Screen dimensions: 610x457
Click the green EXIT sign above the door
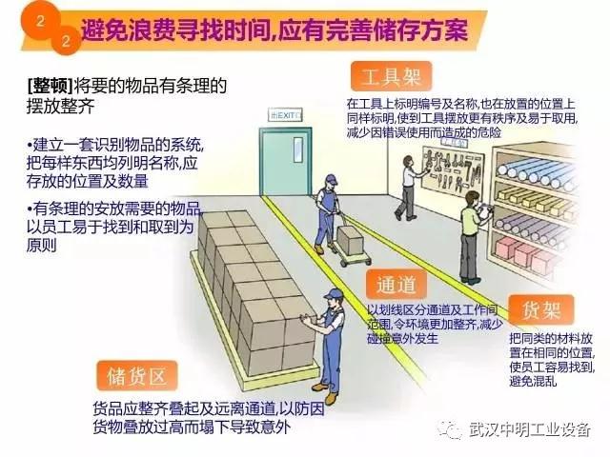click(x=285, y=115)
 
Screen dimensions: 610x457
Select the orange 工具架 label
click(x=392, y=76)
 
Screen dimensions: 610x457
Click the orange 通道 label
click(x=396, y=285)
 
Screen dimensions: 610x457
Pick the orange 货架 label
click(x=541, y=309)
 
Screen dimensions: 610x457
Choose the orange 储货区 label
click(x=137, y=376)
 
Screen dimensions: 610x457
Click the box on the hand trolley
click(x=350, y=240)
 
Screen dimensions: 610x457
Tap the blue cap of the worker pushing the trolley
click(x=332, y=180)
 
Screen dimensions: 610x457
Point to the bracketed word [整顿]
click(x=51, y=86)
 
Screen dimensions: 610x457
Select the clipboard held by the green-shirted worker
click(x=484, y=211)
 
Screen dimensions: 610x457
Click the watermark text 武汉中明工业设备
click(x=530, y=429)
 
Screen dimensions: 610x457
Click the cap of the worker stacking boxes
click(x=333, y=293)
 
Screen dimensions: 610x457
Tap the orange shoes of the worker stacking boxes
click(x=326, y=391)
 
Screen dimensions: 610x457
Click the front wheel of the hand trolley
click(x=344, y=264)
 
